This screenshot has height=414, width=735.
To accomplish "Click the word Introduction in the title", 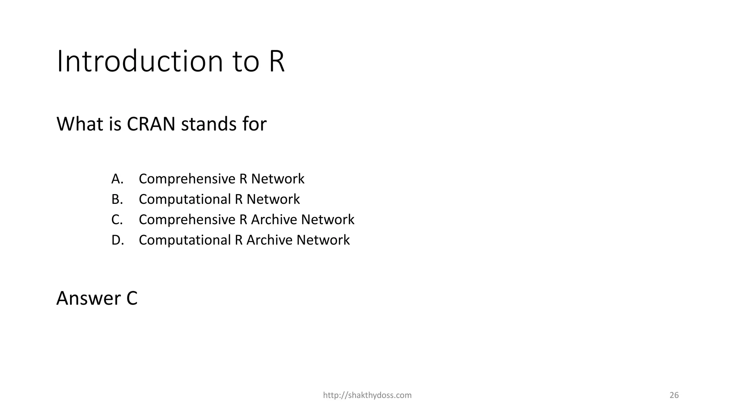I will click(140, 62).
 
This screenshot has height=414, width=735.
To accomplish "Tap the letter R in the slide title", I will click(276, 62).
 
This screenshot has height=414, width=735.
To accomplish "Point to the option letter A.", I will click(117, 179).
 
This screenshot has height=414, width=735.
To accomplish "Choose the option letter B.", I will click(117, 199).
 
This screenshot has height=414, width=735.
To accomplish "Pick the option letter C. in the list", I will click(117, 220).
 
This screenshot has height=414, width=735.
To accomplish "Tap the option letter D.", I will click(117, 240).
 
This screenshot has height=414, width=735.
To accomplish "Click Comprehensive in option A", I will click(187, 179).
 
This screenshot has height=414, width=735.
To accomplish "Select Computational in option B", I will click(184, 199).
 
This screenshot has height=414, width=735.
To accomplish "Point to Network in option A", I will click(278, 179).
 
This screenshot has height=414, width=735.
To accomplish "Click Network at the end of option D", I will click(323, 240).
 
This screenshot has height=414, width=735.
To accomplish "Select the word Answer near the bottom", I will click(89, 299).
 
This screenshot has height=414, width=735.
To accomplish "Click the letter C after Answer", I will click(132, 299).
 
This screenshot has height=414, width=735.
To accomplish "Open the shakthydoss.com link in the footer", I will click(367, 395).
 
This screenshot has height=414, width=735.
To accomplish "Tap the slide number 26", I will click(674, 395).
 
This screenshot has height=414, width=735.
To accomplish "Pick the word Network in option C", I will click(328, 220).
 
